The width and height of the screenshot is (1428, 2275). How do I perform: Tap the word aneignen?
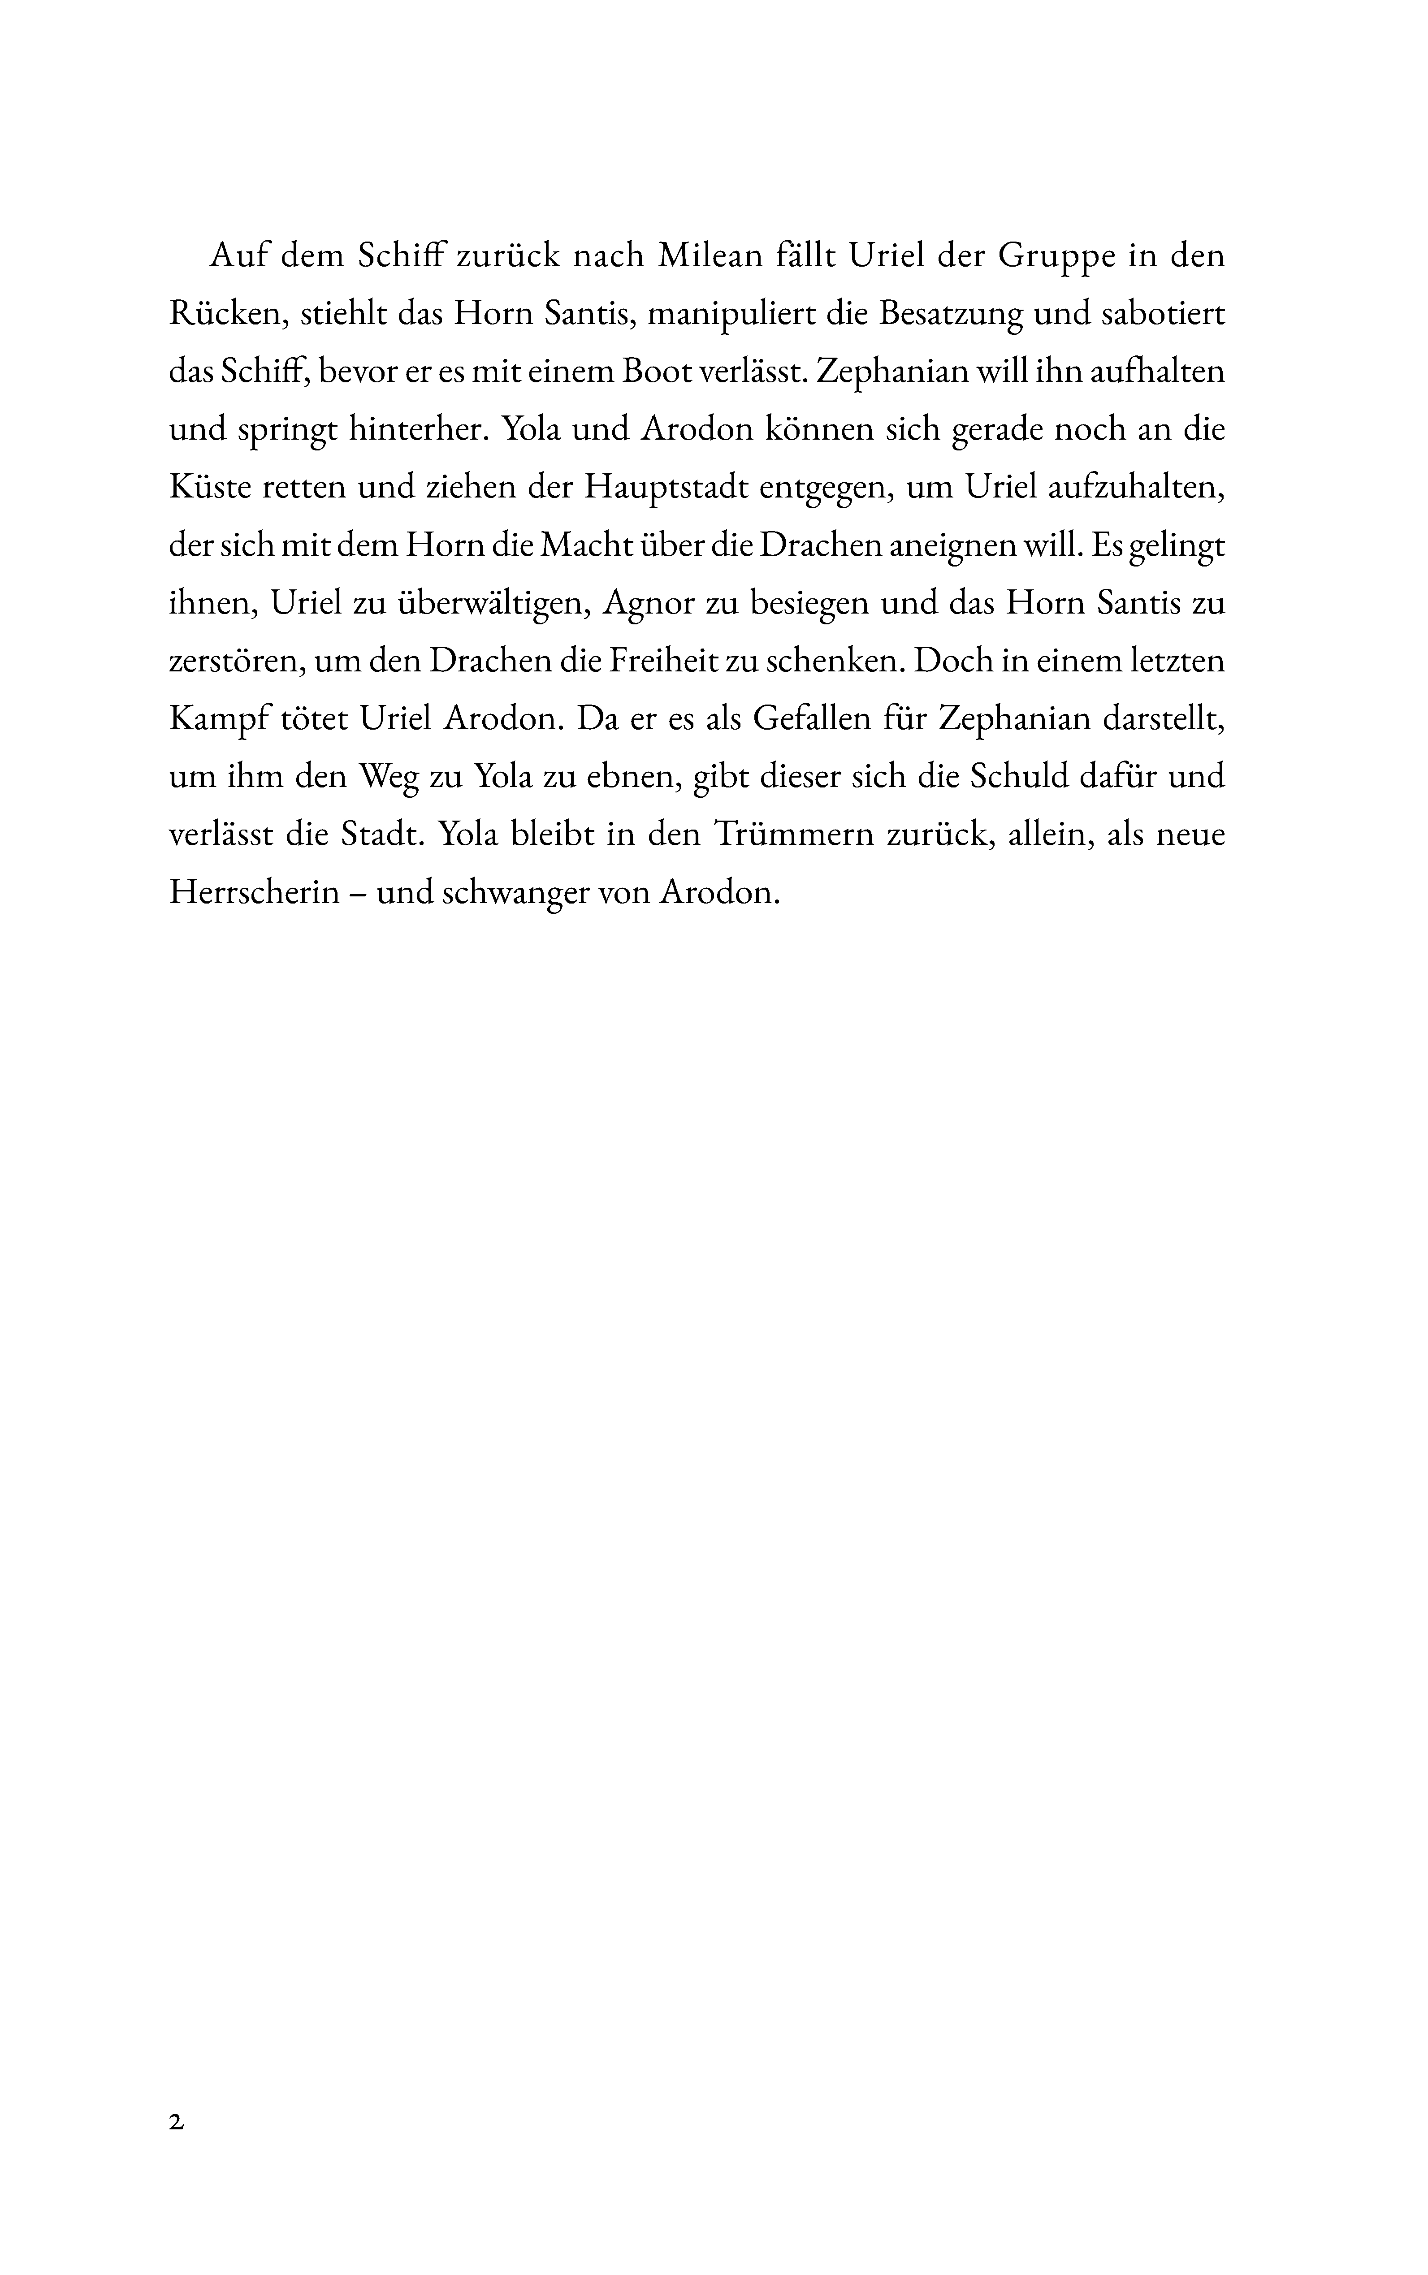(x=945, y=546)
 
